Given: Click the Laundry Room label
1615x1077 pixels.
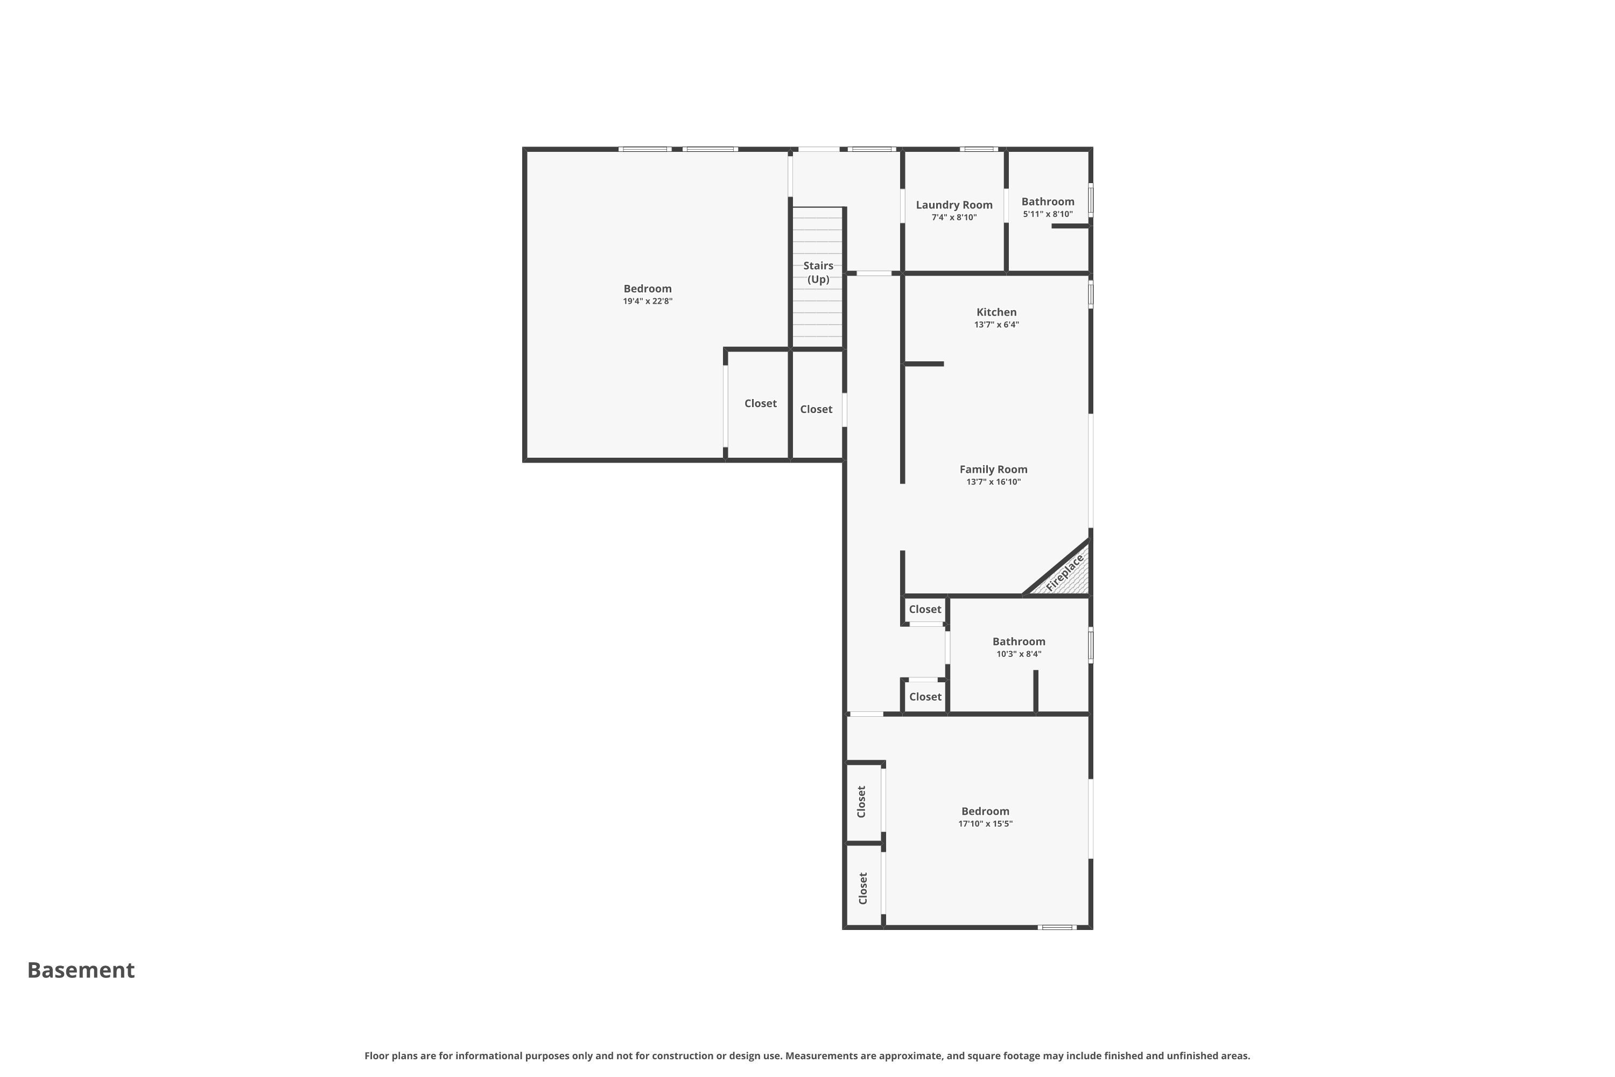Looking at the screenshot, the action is click(954, 205).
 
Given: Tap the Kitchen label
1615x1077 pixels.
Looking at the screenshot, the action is click(996, 312).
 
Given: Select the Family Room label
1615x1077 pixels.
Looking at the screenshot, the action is click(994, 469).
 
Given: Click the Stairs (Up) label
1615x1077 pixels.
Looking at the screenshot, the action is click(818, 272).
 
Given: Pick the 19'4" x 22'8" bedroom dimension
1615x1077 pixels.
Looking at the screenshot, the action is click(648, 301).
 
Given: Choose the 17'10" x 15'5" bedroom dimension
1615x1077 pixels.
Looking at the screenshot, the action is click(985, 823).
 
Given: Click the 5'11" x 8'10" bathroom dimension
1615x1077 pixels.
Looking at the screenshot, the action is click(1048, 214).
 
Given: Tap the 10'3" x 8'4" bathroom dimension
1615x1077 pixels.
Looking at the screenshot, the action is click(1019, 654).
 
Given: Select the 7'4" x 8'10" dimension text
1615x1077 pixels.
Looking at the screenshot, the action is click(954, 217).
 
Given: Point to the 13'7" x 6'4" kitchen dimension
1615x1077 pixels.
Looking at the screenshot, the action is click(996, 324).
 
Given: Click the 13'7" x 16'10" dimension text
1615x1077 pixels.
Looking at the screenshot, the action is click(994, 481).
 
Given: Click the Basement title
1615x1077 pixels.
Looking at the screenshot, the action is click(81, 970).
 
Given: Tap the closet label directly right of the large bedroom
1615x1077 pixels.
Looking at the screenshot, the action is click(760, 403).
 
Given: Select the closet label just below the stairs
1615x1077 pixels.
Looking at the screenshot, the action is click(816, 409).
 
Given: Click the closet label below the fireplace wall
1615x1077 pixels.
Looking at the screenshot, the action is click(925, 609).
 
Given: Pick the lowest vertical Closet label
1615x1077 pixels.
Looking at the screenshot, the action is click(863, 888).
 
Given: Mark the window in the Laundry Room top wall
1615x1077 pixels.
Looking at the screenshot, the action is click(979, 149).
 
